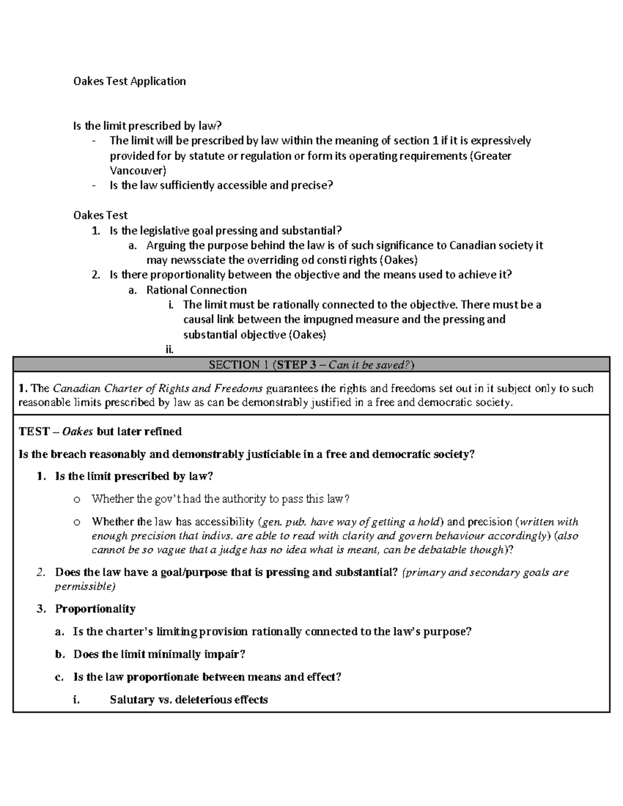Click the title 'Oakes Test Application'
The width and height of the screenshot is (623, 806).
click(129, 81)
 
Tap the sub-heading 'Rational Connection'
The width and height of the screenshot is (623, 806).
click(196, 290)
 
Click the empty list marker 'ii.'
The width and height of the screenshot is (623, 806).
click(169, 350)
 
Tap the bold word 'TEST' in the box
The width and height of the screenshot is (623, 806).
click(34, 431)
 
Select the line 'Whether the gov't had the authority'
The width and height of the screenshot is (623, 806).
click(220, 499)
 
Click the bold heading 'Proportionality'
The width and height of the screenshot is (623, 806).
click(96, 609)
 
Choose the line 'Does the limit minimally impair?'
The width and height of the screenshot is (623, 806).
click(159, 654)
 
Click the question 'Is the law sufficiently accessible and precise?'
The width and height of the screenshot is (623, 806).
click(221, 185)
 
